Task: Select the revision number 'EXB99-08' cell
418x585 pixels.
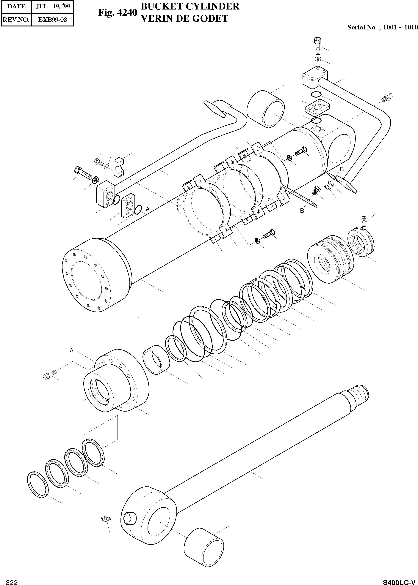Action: click(x=53, y=20)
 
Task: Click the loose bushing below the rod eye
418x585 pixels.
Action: click(x=204, y=547)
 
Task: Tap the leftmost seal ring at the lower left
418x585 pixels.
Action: click(x=38, y=485)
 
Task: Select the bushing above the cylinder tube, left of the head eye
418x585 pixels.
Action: click(x=265, y=108)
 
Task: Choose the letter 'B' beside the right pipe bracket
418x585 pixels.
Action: click(x=342, y=169)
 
